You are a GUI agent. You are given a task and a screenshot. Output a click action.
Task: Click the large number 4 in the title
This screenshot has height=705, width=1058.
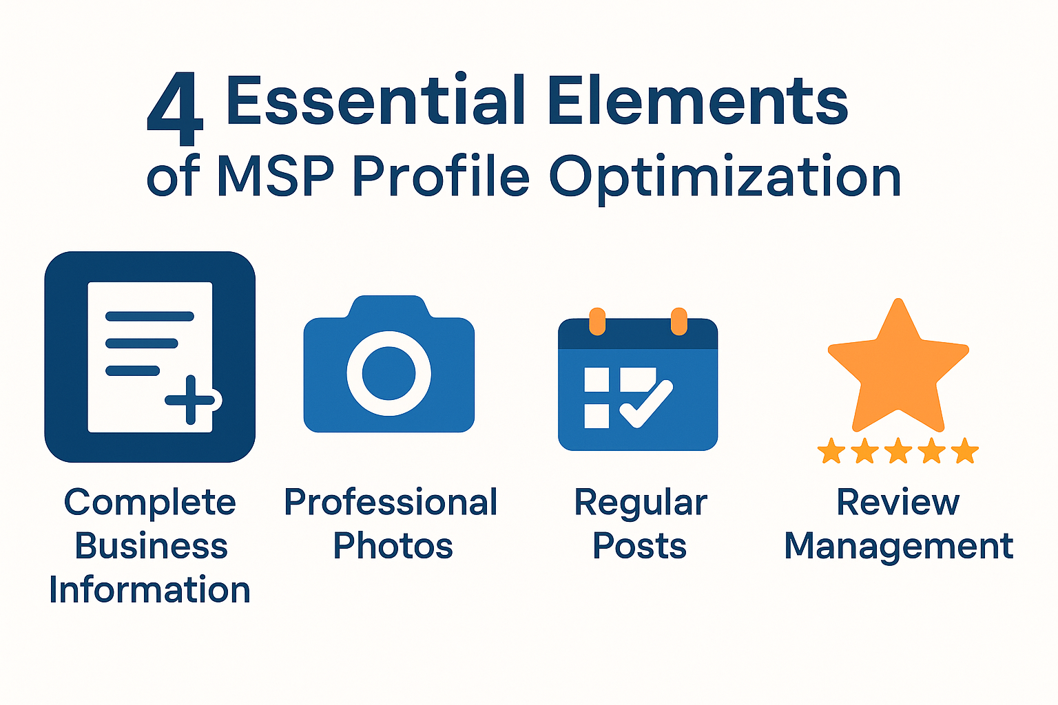[x=175, y=109]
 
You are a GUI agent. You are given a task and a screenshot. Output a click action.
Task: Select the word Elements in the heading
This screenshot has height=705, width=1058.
[x=698, y=100]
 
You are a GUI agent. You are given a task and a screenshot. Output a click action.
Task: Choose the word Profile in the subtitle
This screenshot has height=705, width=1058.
[x=441, y=176]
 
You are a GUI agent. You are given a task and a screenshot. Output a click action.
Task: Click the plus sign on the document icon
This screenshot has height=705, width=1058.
[x=190, y=400]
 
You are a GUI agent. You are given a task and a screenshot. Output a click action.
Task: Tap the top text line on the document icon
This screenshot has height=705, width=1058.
[x=149, y=316]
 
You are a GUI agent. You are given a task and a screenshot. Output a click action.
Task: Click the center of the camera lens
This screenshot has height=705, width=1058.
[x=388, y=373]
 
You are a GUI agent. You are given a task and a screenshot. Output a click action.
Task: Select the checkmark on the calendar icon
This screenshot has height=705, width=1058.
[x=646, y=403]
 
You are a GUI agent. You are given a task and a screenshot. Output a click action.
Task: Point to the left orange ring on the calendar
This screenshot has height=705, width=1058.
[x=597, y=322]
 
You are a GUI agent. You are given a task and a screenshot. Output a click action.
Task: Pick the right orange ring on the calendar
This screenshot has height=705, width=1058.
[x=679, y=322]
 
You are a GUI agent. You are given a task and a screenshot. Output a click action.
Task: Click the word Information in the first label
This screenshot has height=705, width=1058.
[x=149, y=589]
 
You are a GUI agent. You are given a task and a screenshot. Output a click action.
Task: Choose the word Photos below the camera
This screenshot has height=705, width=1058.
[x=393, y=546]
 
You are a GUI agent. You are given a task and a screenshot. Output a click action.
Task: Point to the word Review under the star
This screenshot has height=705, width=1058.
[x=898, y=502]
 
